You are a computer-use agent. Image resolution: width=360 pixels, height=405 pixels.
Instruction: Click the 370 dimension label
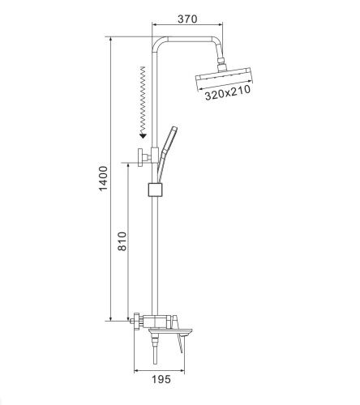coord(187,19)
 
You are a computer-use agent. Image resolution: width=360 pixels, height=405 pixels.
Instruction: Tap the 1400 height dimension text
coord(103,179)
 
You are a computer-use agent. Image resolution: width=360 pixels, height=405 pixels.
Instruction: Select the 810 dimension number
coord(122,241)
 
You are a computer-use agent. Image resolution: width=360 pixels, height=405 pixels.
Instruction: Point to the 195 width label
coord(161,379)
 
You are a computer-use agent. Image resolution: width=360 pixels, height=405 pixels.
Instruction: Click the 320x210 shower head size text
coord(228,92)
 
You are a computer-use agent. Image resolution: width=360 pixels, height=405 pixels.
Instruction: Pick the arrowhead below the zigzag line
coord(143,134)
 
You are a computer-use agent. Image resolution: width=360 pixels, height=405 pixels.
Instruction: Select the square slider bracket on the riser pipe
coord(156,190)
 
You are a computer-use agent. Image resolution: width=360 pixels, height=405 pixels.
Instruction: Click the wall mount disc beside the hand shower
coord(140,157)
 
